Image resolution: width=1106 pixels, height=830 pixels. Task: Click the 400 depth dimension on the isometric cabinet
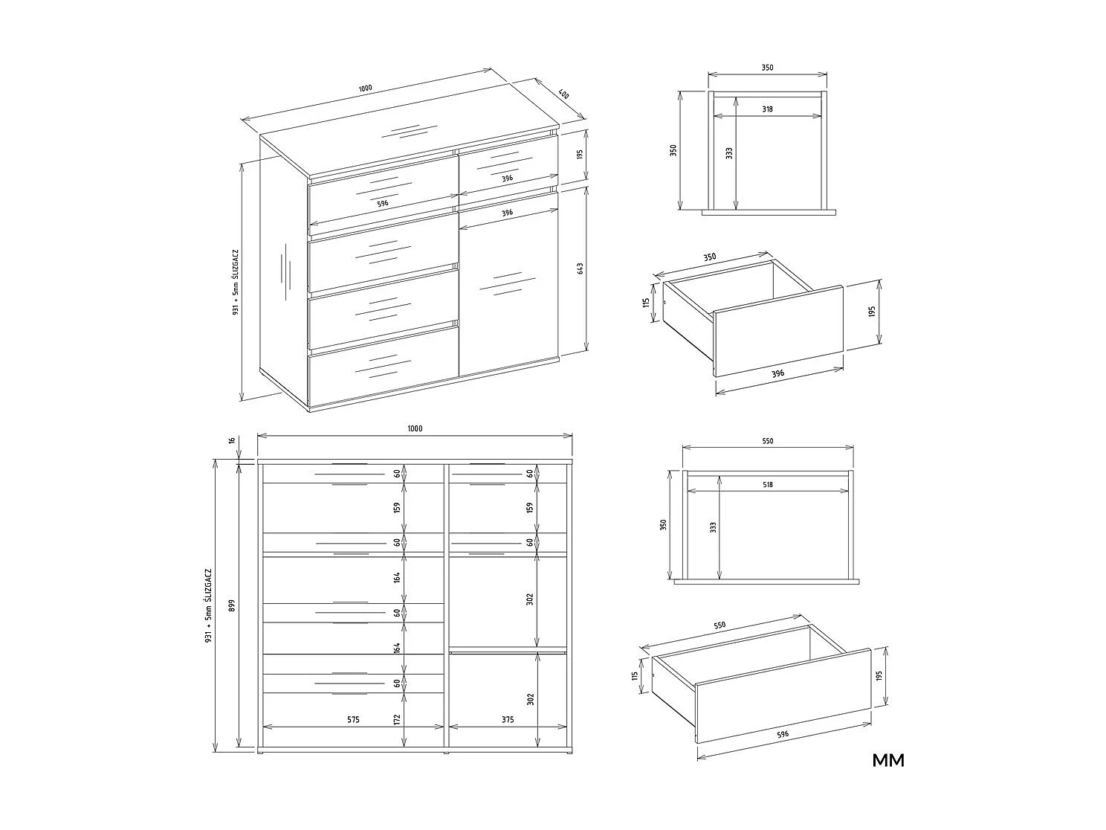click(x=563, y=95)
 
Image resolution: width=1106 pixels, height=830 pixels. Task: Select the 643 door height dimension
click(x=581, y=268)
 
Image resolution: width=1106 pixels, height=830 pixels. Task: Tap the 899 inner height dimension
click(x=232, y=605)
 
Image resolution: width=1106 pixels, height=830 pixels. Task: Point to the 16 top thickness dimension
click(x=232, y=441)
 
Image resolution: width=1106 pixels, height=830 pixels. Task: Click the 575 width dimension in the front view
click(x=353, y=719)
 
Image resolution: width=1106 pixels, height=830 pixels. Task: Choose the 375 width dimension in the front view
click(x=507, y=719)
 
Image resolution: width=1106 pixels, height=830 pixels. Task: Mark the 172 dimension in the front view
click(x=398, y=719)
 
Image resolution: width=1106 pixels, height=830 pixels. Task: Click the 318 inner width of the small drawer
click(x=767, y=109)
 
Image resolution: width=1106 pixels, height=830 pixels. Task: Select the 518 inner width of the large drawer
click(x=767, y=484)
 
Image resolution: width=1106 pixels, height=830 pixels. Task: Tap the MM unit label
click(x=888, y=760)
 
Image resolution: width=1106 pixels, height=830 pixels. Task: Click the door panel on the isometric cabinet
click(x=508, y=290)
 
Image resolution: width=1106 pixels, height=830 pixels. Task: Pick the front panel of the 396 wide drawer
click(x=778, y=330)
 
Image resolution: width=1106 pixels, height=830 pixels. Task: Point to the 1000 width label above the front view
click(x=415, y=428)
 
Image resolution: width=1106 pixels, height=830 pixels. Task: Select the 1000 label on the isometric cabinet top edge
click(x=365, y=89)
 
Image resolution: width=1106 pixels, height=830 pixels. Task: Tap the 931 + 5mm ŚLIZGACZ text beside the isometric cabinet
click(x=234, y=283)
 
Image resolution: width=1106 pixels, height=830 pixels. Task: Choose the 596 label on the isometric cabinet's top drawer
click(x=382, y=203)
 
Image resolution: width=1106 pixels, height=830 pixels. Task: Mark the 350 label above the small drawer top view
click(x=767, y=68)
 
